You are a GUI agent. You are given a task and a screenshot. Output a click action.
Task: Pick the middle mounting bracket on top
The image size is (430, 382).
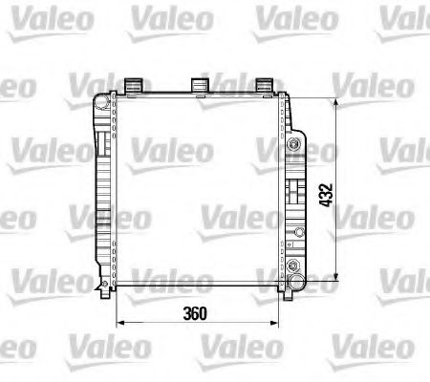tap(200, 84)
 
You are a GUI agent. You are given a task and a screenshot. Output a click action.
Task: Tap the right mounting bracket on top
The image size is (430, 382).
tap(266, 84)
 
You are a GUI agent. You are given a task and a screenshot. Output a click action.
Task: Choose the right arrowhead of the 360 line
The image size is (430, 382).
tap(284, 327)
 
